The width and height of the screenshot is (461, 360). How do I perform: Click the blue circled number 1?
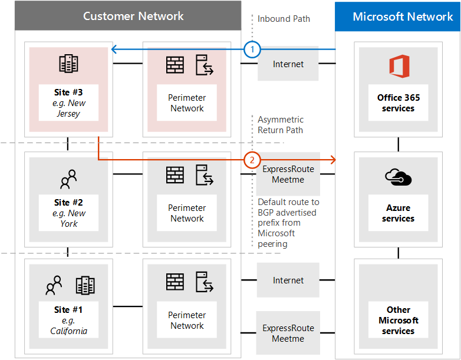click(x=252, y=50)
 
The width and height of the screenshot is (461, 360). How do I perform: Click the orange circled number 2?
click(x=252, y=160)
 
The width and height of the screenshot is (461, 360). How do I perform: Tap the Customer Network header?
click(x=133, y=16)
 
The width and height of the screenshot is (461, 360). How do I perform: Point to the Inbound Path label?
click(x=284, y=19)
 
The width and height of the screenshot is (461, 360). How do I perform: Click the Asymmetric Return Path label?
click(x=281, y=125)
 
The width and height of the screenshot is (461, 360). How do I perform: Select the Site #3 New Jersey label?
click(x=68, y=103)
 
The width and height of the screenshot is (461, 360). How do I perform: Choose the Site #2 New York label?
click(x=68, y=213)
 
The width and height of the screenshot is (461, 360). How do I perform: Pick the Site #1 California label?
click(x=68, y=320)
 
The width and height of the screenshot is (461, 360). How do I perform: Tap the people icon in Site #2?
click(x=68, y=177)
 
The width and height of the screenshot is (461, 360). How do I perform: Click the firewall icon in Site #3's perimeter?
click(x=175, y=65)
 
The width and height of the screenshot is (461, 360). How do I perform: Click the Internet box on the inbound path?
click(x=288, y=64)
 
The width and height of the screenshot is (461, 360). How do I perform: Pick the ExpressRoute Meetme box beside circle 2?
click(x=288, y=174)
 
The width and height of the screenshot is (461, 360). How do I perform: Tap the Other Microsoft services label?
click(x=399, y=320)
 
